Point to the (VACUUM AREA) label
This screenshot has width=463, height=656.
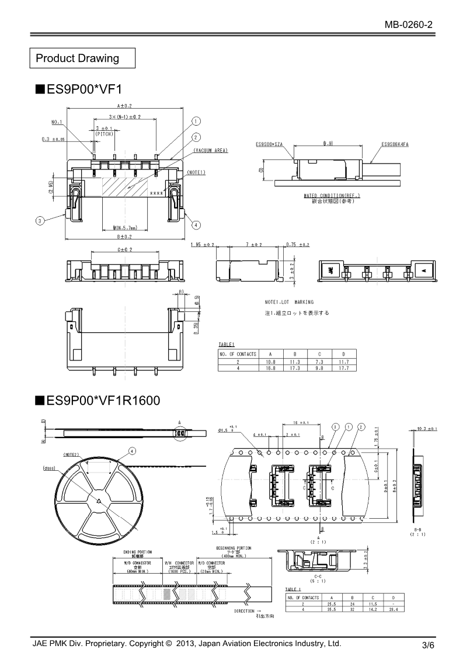tap(210, 151)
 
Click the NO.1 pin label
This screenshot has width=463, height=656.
tap(57, 123)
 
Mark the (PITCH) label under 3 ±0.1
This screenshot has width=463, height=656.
tap(104, 134)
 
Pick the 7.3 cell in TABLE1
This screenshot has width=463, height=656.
tap(319, 362)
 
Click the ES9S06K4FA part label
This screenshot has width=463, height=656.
tap(395, 144)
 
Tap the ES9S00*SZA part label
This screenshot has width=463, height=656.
tap(269, 144)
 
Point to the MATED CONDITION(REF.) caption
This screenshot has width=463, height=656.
tap(332, 195)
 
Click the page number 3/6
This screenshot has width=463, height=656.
tap(428, 645)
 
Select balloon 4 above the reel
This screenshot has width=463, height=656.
tap(132, 450)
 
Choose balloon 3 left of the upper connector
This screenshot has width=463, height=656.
tap(39, 221)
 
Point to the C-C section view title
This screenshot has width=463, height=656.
tap(318, 575)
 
